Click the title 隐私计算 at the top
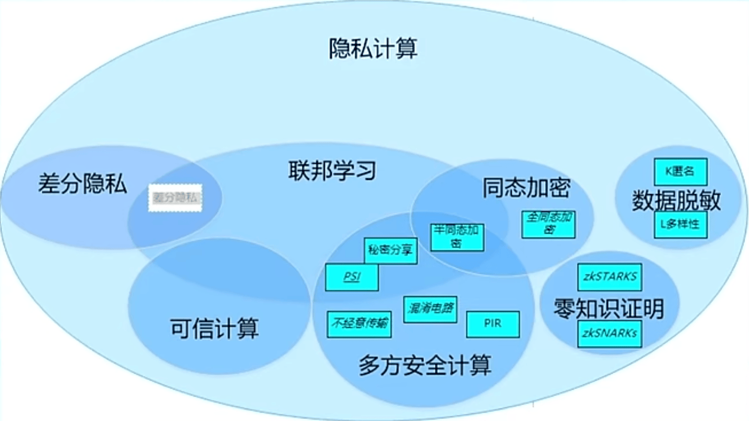pos(373,48)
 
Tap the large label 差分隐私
pos(82,184)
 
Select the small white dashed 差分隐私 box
pos(175,198)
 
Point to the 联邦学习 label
pos(332,171)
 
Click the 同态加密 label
pos(526,188)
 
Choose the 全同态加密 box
pos(548,224)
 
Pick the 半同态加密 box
pos(457,237)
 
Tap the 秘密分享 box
pos(390,250)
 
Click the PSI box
pos(352,277)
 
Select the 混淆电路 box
pos(430,309)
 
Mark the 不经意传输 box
pos(359,324)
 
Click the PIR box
pos(493,324)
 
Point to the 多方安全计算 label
pos(425,365)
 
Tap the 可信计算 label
pos(214,328)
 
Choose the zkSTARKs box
pos(610,277)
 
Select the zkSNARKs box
pos(610,333)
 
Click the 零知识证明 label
pos(609,308)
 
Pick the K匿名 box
pos(681,172)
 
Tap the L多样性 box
pos(681,224)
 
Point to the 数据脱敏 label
pos(676,200)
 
